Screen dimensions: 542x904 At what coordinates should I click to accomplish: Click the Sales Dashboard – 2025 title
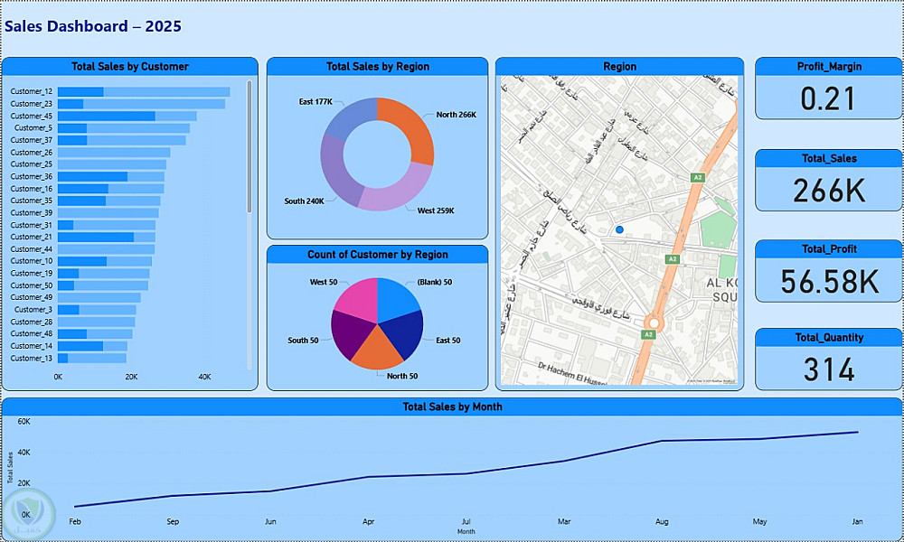tap(93, 27)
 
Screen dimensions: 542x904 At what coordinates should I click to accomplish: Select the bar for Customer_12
tap(143, 91)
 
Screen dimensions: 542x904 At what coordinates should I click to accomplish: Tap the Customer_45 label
tap(32, 116)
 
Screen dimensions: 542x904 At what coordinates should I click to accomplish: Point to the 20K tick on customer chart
tap(132, 377)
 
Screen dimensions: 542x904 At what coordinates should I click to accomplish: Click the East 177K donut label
tap(315, 102)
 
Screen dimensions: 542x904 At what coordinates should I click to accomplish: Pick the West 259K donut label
tap(436, 210)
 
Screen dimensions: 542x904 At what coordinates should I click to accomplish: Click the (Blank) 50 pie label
tap(434, 283)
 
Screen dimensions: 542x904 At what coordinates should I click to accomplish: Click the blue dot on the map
tap(619, 230)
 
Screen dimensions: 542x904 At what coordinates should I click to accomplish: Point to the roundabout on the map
tap(654, 323)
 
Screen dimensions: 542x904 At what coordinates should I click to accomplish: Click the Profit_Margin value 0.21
tap(828, 98)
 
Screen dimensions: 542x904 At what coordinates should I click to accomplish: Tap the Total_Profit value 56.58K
tap(829, 282)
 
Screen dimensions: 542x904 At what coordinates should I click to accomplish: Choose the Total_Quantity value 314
tap(828, 369)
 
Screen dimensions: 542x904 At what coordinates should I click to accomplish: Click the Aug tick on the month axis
tap(662, 522)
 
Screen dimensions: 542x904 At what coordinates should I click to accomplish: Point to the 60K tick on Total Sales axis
tap(24, 422)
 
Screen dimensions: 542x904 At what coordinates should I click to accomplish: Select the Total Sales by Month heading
tap(452, 407)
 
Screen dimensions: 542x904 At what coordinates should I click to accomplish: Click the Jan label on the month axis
tap(857, 522)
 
